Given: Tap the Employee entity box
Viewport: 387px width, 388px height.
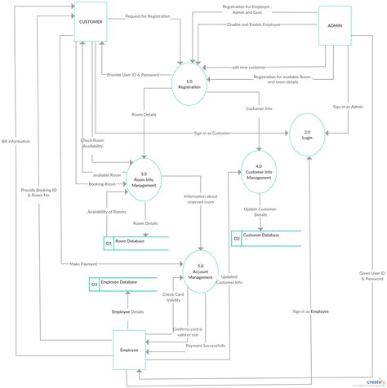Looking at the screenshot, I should [x=127, y=349].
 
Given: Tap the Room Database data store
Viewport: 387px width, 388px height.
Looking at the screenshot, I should [x=135, y=242].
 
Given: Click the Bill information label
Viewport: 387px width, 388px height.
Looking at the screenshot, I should [x=16, y=141].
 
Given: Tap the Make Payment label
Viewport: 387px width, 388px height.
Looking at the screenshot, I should [x=84, y=263].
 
